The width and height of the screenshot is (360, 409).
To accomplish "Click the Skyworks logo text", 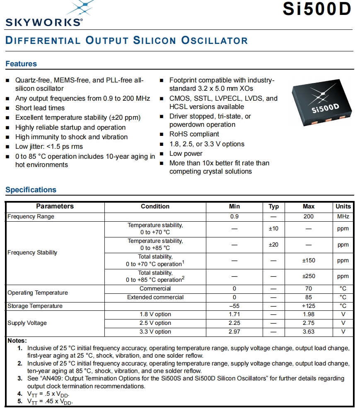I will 43,22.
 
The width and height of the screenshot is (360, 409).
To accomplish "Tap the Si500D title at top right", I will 317,9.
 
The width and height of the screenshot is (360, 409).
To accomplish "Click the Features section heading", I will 21,64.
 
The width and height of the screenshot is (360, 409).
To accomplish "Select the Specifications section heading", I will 31,190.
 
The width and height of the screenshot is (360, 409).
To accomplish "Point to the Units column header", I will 343,206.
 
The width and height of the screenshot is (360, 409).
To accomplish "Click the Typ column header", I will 273,206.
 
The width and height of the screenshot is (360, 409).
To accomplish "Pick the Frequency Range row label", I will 31,216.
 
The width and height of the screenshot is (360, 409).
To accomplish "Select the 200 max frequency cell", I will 309,216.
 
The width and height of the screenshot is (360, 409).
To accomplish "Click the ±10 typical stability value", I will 273,229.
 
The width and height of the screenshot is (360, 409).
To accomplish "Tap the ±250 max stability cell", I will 309,276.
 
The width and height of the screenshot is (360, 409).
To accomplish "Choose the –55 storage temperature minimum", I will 234,306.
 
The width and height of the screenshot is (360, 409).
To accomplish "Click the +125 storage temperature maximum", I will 309,306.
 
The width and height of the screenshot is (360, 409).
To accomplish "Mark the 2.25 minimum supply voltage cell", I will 234,323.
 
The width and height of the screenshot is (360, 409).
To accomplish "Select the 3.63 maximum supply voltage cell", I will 309,332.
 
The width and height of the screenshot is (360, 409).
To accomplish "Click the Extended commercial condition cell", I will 155,297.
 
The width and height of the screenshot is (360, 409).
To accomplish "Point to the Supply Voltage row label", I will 27,323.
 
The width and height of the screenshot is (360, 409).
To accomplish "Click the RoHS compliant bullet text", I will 194,134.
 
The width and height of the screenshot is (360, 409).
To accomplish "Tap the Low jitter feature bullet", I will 49,147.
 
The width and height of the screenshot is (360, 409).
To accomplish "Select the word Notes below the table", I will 17,340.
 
